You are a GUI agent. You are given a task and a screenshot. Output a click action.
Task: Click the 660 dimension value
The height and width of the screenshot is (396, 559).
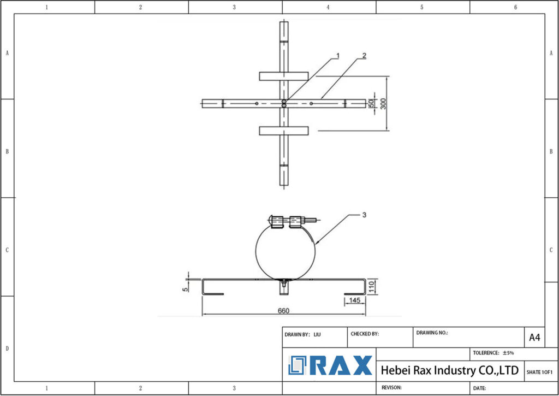coord(283,311)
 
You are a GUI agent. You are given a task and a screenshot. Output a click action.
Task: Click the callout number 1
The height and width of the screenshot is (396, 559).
coord(338,56)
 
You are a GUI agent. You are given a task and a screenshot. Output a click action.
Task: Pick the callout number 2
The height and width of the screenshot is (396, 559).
coord(364,56)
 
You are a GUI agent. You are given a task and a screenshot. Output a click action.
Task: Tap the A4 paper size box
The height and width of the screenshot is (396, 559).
coord(534,338)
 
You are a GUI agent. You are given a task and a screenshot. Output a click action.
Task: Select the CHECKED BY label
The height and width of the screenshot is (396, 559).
coord(364,334)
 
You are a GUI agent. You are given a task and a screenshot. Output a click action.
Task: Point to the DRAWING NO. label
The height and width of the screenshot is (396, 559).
coord(432,332)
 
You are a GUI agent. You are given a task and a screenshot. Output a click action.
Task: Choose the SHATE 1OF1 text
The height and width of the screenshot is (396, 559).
coord(540,372)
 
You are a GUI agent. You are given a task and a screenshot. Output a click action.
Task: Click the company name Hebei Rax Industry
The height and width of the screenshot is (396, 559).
coord(449,370)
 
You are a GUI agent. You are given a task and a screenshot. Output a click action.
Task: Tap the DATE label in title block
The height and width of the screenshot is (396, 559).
coord(479,388)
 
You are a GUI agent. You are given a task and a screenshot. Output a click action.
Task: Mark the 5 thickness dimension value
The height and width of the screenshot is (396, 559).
coord(185,285)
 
